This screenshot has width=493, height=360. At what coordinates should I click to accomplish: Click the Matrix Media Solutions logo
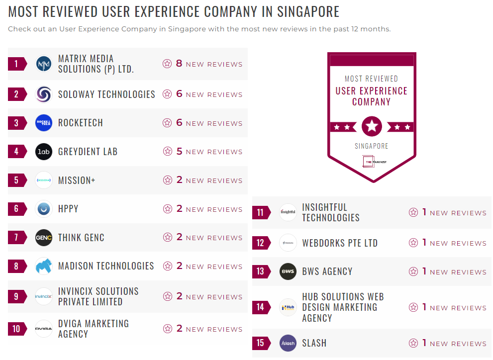pyautogui.click(x=44, y=64)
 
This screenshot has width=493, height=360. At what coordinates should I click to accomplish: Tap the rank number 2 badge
pyautogui.click(x=16, y=94)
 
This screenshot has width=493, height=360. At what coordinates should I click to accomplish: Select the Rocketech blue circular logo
pyautogui.click(x=44, y=123)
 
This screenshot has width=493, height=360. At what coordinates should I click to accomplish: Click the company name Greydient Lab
pyautogui.click(x=88, y=152)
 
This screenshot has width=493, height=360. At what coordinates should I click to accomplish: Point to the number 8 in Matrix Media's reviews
pyautogui.click(x=179, y=64)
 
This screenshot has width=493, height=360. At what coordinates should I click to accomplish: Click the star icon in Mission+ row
pyautogui.click(x=167, y=180)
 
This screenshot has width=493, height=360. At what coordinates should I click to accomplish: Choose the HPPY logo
pyautogui.click(x=44, y=209)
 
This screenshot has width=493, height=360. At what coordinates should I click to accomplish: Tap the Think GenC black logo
pyautogui.click(x=44, y=238)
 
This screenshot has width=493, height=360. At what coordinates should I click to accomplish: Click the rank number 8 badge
pyautogui.click(x=16, y=267)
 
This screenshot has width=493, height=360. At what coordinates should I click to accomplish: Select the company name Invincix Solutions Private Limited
pyautogui.click(x=98, y=296)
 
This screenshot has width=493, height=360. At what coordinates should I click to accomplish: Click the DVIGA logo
pyautogui.click(x=44, y=329)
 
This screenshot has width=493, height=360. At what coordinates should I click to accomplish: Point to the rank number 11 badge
pyautogui.click(x=260, y=213)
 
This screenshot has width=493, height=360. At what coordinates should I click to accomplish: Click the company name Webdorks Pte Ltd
pyautogui.click(x=340, y=243)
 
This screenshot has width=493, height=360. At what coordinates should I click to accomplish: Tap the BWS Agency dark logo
pyautogui.click(x=288, y=272)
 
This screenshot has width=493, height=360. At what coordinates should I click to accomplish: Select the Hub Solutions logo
pyautogui.click(x=288, y=307)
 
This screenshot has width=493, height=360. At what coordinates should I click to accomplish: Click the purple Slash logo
pyautogui.click(x=288, y=343)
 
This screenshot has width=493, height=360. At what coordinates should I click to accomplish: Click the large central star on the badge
pyautogui.click(x=372, y=126)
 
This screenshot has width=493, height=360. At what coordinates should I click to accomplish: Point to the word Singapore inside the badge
pyautogui.click(x=372, y=146)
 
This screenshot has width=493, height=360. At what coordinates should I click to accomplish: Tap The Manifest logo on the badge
pyautogui.click(x=372, y=162)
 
